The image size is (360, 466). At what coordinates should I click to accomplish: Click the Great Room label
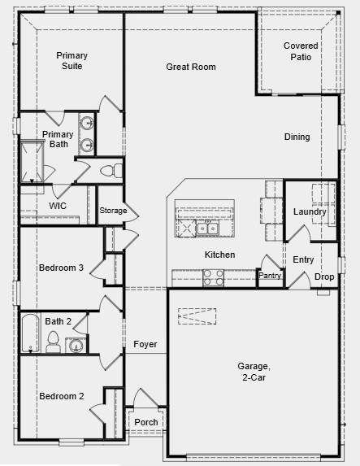pyautogui.click(x=191, y=67)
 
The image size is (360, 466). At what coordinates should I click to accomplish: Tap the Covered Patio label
pyautogui.click(x=301, y=51)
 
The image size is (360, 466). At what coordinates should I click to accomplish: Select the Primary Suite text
pyautogui.click(x=72, y=60)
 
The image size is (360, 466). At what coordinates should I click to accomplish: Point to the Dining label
pyautogui.click(x=297, y=137)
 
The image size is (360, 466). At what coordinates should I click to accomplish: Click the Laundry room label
pyautogui.click(x=310, y=212)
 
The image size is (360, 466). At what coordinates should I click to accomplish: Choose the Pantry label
pyautogui.click(x=269, y=276)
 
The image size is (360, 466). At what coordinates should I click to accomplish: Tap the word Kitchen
pyautogui.click(x=219, y=255)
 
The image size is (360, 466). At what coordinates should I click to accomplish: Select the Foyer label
pyautogui.click(x=145, y=345)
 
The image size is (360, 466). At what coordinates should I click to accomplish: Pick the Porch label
pyautogui.click(x=146, y=422)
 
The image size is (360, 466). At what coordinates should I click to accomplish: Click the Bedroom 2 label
pyautogui.click(x=62, y=396)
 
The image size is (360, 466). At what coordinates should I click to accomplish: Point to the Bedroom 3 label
pyautogui.click(x=62, y=267)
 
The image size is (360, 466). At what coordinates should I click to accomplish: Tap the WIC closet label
pyautogui.click(x=58, y=207)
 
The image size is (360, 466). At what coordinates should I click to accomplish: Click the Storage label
pyautogui.click(x=113, y=211)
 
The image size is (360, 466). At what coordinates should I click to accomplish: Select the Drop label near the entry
pyautogui.click(x=324, y=277)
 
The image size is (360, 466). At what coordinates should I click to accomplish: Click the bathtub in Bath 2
pyautogui.click(x=29, y=333)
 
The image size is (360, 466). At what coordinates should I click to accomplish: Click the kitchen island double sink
pyautogui.click(x=205, y=229)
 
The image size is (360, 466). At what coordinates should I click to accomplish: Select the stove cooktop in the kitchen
pyautogui.click(x=214, y=278)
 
